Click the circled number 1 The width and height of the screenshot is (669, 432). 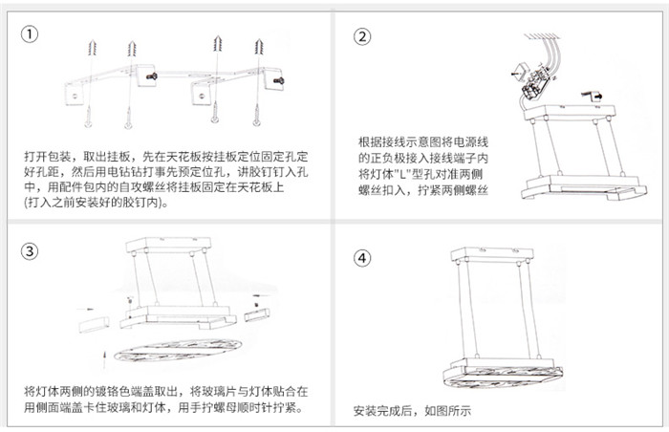[31, 35]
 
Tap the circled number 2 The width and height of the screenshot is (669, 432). [362, 36]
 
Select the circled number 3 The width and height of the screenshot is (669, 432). [31, 252]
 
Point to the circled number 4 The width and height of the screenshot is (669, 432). [361, 257]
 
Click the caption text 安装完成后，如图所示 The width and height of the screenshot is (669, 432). [413, 412]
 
